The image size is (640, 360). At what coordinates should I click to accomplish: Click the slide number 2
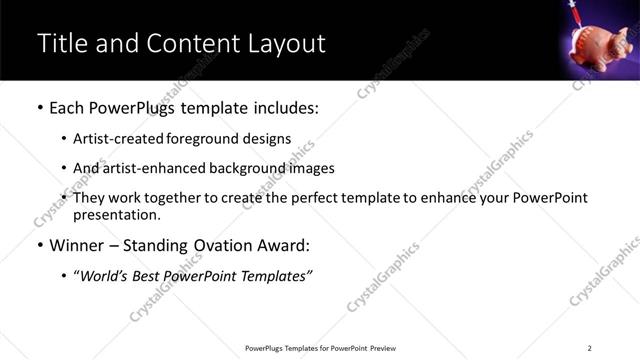[x=590, y=348]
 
